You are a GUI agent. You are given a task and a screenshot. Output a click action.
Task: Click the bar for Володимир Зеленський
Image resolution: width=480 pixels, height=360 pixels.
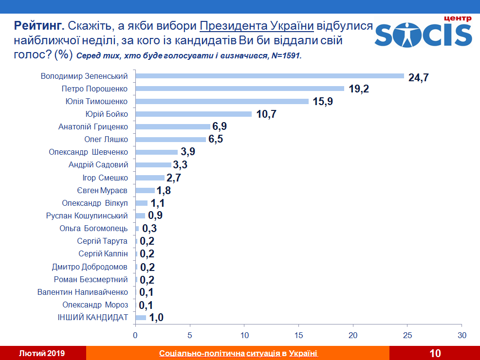[270, 76]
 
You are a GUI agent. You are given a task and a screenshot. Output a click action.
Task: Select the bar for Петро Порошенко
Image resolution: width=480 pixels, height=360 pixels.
[240, 89]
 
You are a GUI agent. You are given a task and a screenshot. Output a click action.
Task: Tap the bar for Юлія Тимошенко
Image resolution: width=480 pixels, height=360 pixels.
[222, 101]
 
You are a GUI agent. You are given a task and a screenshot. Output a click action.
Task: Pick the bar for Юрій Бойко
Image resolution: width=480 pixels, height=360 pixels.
[193, 114]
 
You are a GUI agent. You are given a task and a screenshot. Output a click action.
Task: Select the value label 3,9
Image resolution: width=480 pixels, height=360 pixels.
[188, 152]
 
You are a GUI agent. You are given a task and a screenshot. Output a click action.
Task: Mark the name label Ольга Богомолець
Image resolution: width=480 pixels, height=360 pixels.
[93, 228]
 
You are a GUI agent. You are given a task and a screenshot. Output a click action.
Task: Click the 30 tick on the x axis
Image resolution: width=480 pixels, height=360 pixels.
[462, 335]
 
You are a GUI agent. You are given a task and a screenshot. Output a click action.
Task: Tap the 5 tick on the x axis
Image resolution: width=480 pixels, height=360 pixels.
[190, 335]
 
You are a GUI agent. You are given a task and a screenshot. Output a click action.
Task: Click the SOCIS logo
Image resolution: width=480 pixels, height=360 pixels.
[423, 32]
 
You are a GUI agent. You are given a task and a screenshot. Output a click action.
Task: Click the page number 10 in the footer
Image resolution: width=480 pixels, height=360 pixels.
[435, 353]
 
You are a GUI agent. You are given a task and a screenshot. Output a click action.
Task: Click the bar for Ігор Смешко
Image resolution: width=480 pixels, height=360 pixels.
[150, 178]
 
